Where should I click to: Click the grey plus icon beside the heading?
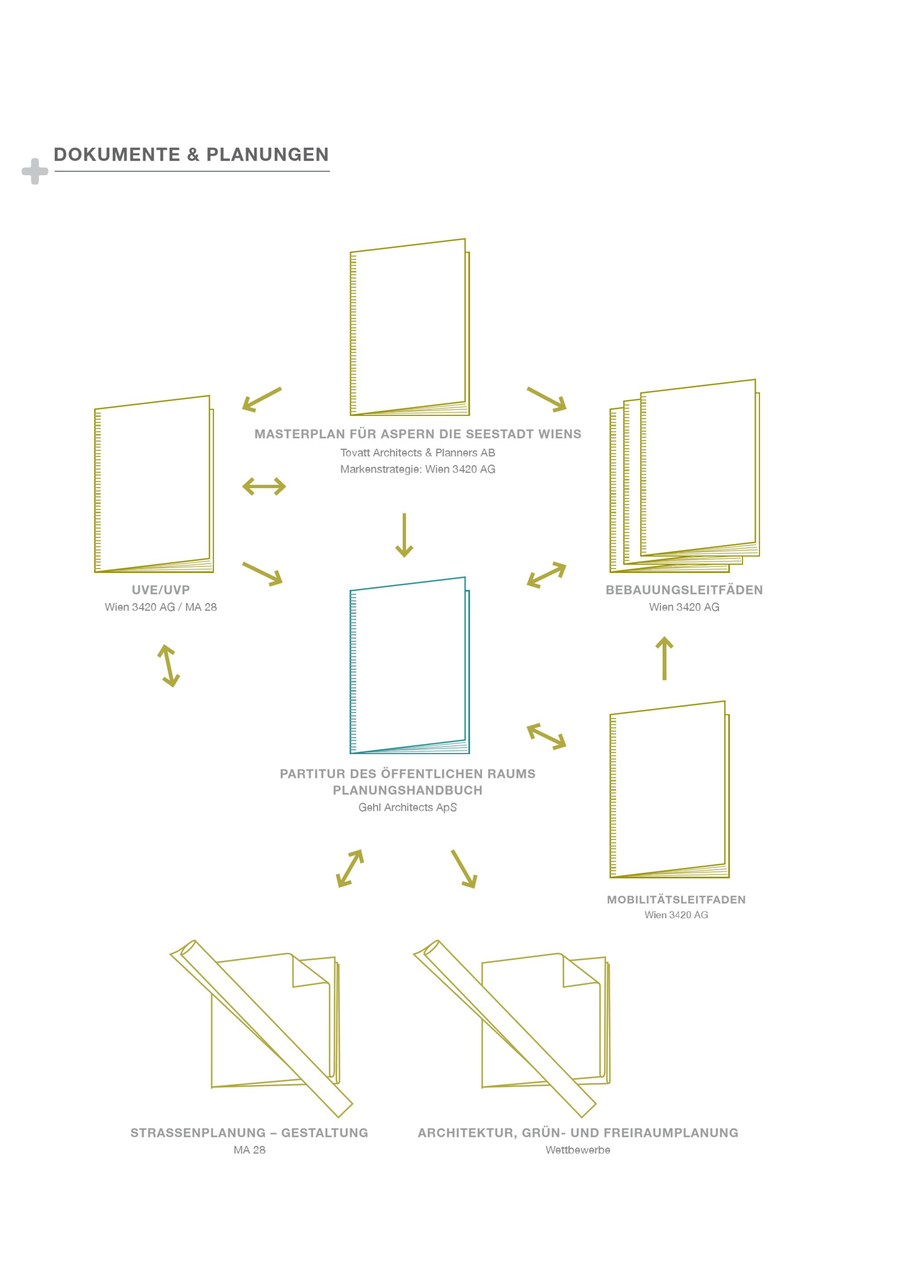coord(34,171)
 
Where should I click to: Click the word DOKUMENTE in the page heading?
coord(117,154)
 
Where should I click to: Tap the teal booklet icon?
coord(410,665)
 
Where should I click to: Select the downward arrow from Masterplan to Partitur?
coord(404,535)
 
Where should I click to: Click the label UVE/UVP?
coord(161,590)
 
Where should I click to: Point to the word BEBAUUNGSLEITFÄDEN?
coord(684,590)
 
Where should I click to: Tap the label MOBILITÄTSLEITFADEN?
coord(676,900)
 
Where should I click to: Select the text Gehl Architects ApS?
coord(408,808)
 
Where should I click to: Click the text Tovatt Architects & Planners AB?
coord(418,453)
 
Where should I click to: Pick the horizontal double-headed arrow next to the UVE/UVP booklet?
coord(264,486)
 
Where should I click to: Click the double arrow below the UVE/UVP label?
coord(168,666)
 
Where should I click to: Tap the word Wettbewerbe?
coord(578,1150)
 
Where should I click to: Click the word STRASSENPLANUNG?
coord(198,1133)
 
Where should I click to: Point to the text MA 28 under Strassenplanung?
coord(250,1150)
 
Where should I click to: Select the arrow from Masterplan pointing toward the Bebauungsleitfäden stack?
coord(547,399)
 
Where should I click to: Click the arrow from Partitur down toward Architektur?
coord(464,869)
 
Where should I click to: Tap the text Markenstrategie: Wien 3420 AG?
coord(418,469)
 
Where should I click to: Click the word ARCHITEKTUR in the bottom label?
coord(467,1133)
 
